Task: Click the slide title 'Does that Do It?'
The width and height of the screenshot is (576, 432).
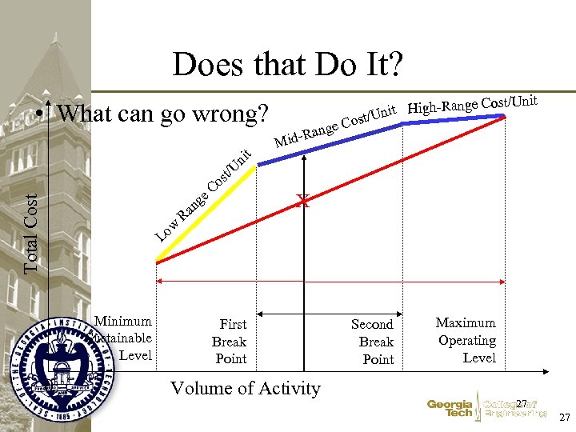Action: (x=287, y=65)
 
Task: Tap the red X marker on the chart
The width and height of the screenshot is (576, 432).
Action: (x=302, y=202)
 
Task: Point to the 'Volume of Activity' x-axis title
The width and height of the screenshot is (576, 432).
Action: (x=246, y=389)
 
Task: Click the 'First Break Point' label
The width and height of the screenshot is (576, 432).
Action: (x=231, y=342)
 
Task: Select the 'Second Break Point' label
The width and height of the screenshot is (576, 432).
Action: (x=374, y=342)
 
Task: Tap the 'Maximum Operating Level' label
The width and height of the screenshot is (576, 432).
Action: (x=466, y=340)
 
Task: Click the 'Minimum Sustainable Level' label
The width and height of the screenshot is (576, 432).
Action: (x=124, y=338)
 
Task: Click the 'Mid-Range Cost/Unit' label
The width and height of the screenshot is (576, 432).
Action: (x=336, y=127)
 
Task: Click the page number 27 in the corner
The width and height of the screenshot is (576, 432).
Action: (x=563, y=418)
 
